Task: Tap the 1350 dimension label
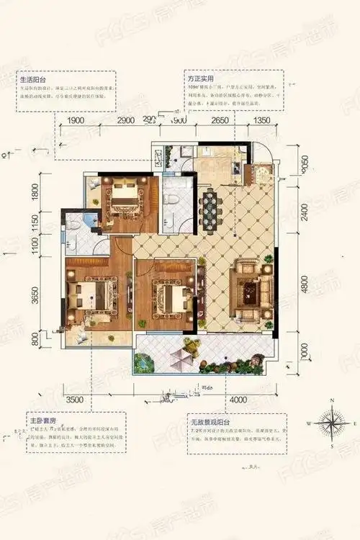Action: click(x=261, y=121)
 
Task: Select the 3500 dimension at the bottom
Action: click(x=75, y=398)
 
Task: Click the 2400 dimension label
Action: click(x=305, y=210)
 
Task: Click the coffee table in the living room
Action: click(x=252, y=292)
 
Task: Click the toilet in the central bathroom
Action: click(x=174, y=216)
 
